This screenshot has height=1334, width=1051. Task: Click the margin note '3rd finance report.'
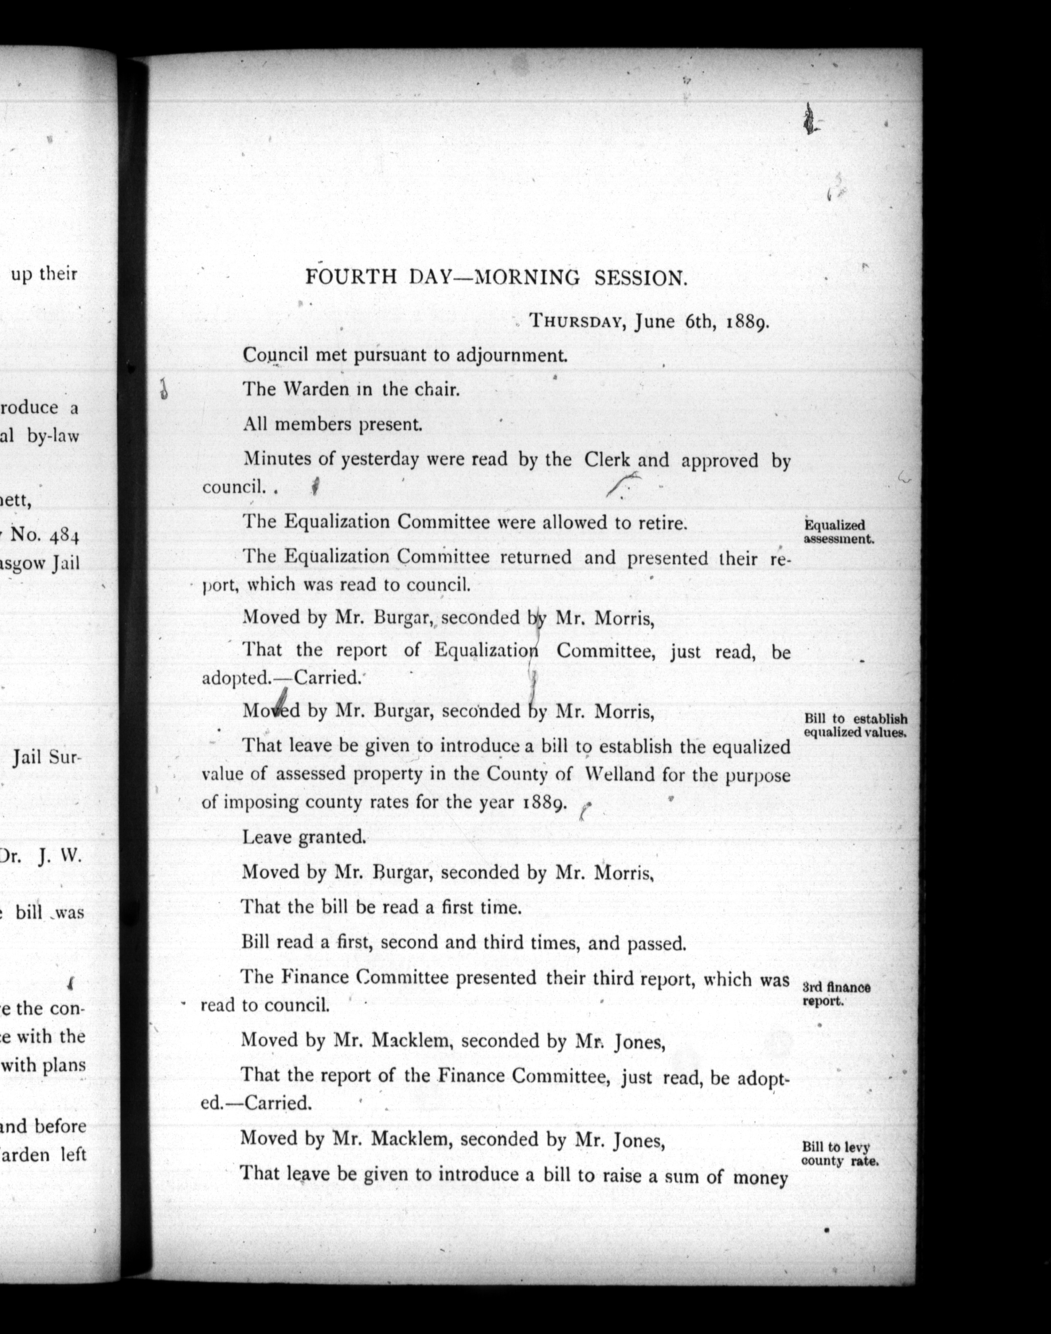836,994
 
